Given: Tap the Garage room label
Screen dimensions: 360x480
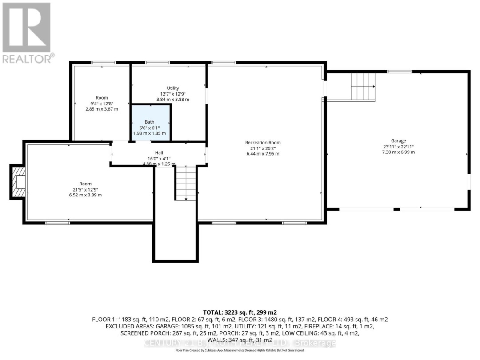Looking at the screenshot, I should pyautogui.click(x=398, y=141).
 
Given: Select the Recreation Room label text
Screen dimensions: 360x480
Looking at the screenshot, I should pyautogui.click(x=263, y=143).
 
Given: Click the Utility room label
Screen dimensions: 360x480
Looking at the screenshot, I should pyautogui.click(x=173, y=88).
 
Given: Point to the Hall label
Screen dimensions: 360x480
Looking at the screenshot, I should pyautogui.click(x=152, y=153).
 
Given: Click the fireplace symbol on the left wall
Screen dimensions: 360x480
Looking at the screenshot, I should pyautogui.click(x=19, y=182).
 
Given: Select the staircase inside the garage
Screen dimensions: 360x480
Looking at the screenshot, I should pyautogui.click(x=363, y=86).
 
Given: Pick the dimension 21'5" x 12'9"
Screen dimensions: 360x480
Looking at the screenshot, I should pyautogui.click(x=85, y=189).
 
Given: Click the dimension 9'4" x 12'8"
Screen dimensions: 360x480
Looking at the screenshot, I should pyautogui.click(x=102, y=103).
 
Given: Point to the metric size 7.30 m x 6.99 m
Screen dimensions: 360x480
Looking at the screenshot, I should pyautogui.click(x=398, y=152).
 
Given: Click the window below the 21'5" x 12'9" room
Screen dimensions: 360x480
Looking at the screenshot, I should pyautogui.click(x=58, y=223).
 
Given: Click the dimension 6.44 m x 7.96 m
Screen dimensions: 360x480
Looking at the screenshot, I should pyautogui.click(x=263, y=154).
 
